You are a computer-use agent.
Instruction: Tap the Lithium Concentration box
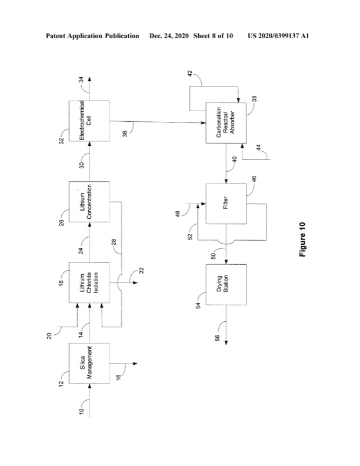tap(89, 202)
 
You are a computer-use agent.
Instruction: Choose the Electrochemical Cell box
tap(89, 121)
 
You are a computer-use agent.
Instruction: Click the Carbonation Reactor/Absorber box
tap(226, 122)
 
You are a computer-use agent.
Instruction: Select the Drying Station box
tap(226, 285)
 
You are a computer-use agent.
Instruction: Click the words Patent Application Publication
tap(92, 36)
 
